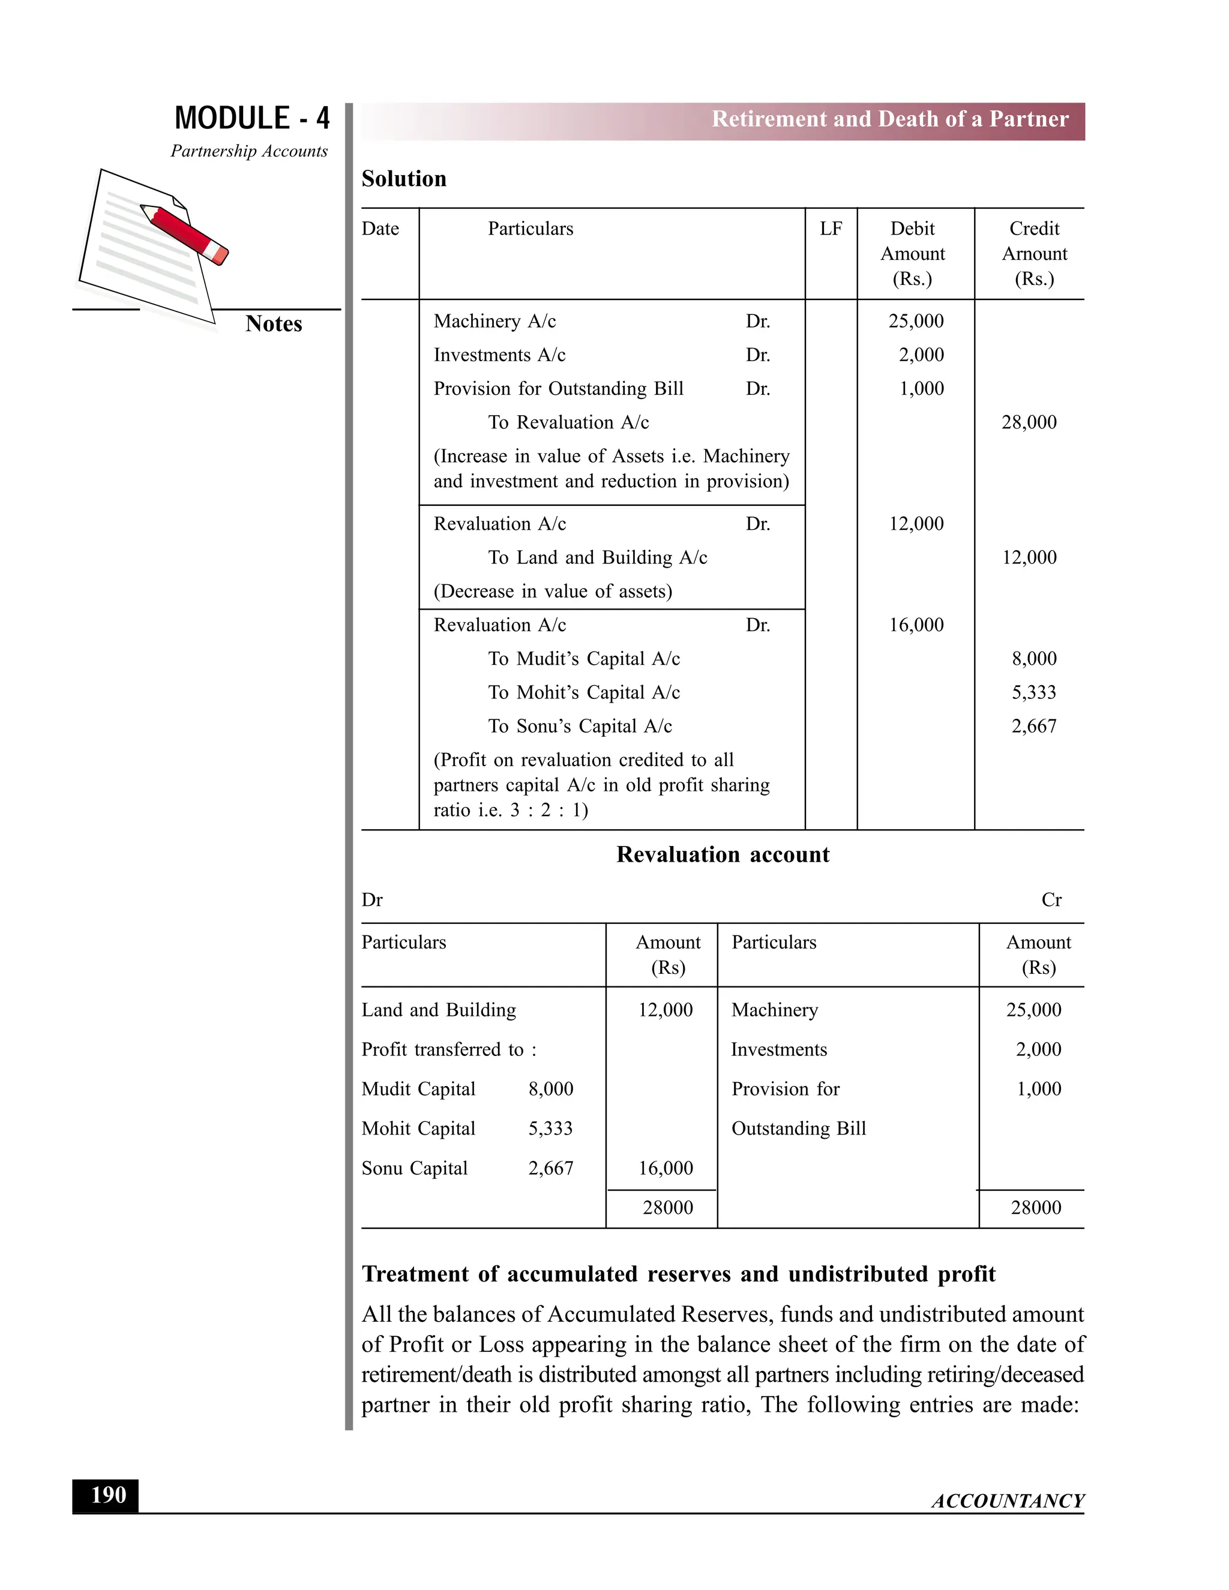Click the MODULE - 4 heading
[x=252, y=119]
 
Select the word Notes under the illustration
[x=273, y=324]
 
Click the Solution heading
[x=404, y=179]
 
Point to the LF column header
[x=830, y=229]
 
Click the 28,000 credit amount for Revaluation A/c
[x=1028, y=422]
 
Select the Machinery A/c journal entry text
[x=494, y=321]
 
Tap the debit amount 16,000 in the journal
[x=915, y=625]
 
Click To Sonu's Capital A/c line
[x=580, y=726]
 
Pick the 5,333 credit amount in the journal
[x=1033, y=692]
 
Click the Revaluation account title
[x=723, y=854]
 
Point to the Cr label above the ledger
[x=1051, y=901]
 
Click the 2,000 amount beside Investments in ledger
[x=1038, y=1049]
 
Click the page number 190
[x=108, y=1495]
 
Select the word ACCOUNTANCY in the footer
[x=1007, y=1501]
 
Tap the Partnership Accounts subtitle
[x=249, y=151]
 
